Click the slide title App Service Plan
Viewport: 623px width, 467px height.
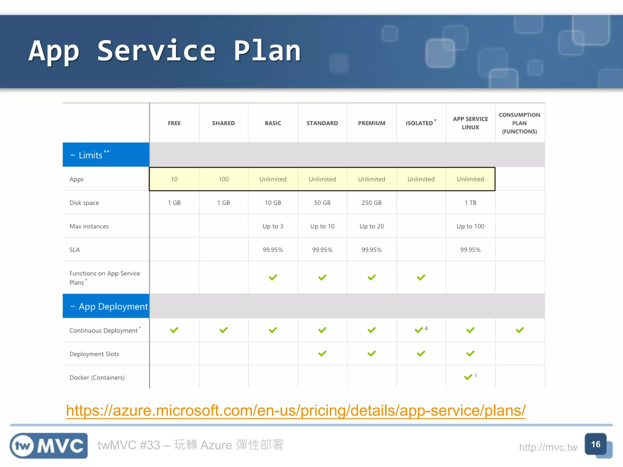pos(165,51)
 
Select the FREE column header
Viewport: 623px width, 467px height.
pos(174,123)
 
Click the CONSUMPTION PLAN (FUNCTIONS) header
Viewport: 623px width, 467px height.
pos(519,123)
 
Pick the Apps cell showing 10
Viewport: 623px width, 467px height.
pos(174,179)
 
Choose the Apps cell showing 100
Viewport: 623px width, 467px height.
pos(224,179)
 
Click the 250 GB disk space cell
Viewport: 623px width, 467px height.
pos(371,203)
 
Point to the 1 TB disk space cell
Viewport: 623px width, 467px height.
pos(470,203)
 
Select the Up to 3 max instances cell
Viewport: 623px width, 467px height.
pos(273,226)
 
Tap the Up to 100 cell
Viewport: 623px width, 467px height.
pos(470,226)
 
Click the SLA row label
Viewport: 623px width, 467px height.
pos(75,250)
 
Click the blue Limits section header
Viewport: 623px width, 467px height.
pos(106,155)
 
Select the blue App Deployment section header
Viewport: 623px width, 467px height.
pos(106,306)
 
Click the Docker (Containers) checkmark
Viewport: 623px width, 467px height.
pos(468,377)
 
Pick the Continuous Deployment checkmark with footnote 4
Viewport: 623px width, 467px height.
pos(419,330)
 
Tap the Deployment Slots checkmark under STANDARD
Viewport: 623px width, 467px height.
pos(322,354)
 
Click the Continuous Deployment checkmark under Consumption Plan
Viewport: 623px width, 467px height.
pos(520,330)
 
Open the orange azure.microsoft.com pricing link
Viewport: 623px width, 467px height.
pos(295,410)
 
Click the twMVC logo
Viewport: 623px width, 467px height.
pos(49,446)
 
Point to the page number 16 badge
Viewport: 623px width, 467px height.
pos(595,444)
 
